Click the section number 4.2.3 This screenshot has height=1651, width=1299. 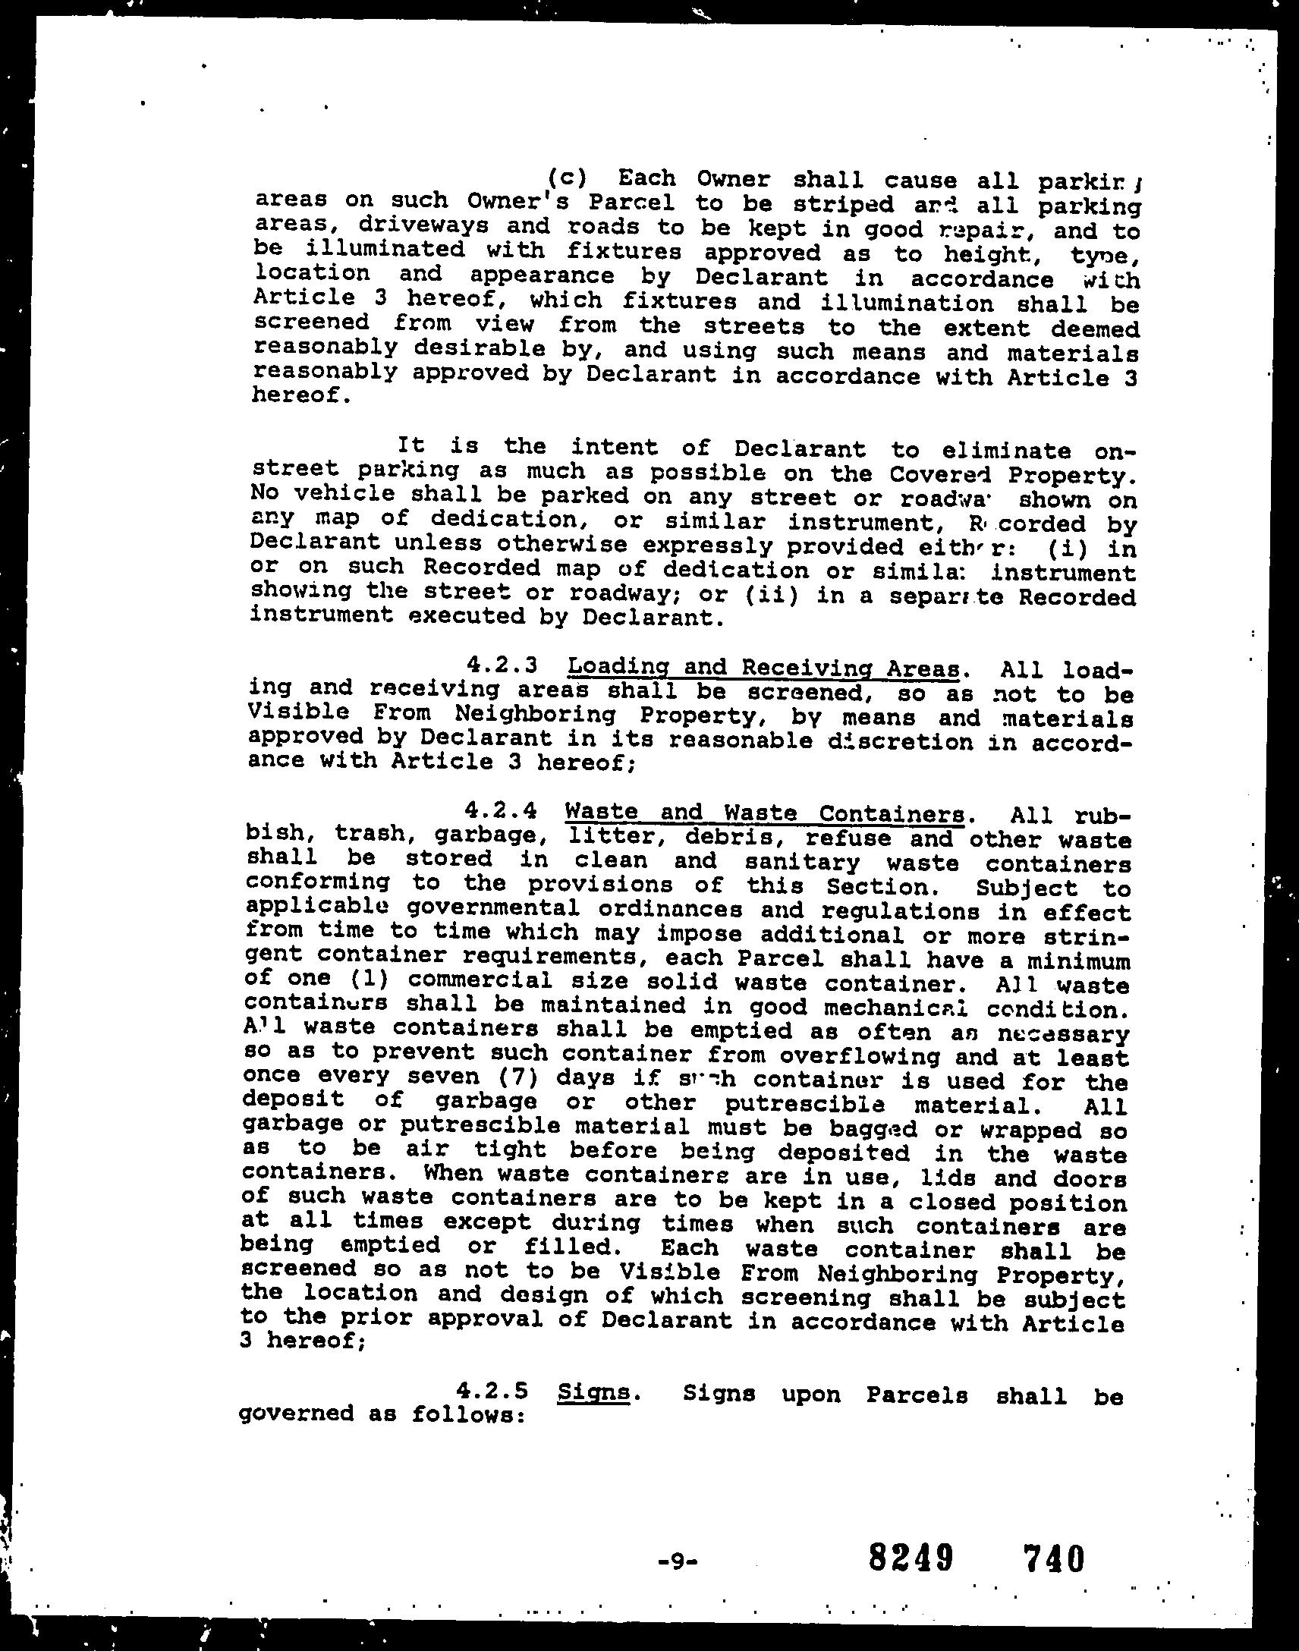point(503,665)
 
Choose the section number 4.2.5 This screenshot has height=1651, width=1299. point(493,1391)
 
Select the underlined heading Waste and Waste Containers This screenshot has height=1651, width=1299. point(763,813)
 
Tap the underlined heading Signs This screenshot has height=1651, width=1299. point(593,1392)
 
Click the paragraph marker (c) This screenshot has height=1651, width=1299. point(567,178)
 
